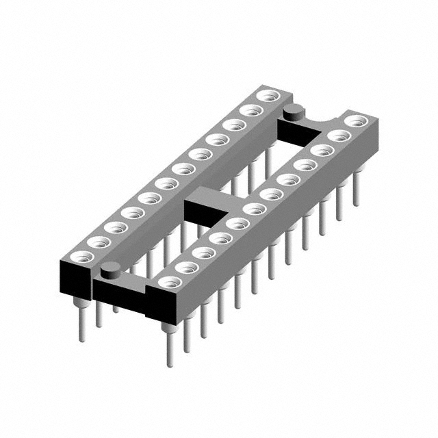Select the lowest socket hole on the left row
tap(82, 257)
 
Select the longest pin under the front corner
tap(168, 346)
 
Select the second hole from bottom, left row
tap(99, 242)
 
